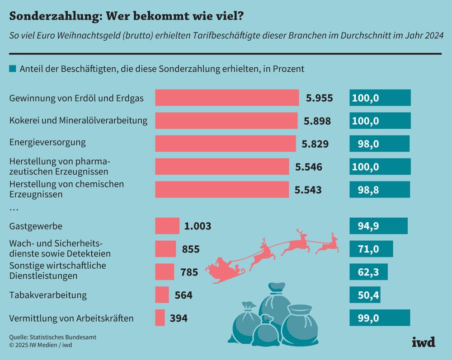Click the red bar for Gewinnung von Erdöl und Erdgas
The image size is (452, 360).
226,98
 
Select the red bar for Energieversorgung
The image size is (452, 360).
225,144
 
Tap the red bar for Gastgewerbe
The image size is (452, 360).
167,226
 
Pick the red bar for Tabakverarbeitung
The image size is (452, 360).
162,295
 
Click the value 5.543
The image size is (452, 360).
308,190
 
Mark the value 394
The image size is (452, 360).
179,318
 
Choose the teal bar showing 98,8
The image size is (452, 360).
379,190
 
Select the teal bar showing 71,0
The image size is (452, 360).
371,249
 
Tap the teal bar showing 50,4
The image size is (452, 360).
364,295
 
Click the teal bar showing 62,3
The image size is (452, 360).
368,272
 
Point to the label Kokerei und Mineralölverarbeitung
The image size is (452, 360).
78,121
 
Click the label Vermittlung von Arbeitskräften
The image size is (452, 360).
71,318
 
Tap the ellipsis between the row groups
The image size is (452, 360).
14,209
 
